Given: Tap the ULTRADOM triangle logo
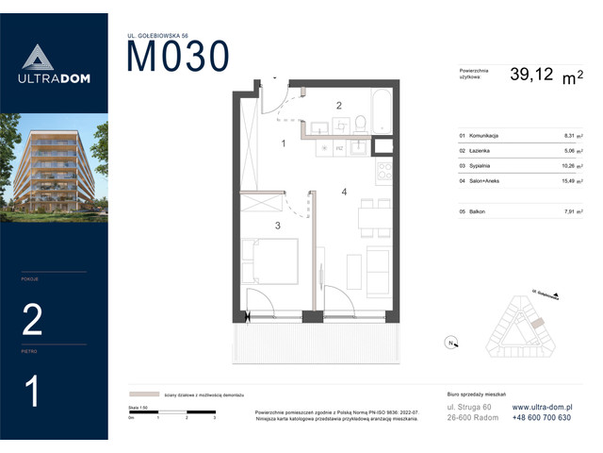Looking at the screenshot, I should click(54, 59).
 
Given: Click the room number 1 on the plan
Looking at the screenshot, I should click(283, 143).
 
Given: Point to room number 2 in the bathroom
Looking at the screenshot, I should click(339, 106).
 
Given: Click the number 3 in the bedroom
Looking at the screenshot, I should click(277, 226).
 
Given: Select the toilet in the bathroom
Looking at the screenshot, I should click(360, 123).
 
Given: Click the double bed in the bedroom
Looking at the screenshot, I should click(270, 262).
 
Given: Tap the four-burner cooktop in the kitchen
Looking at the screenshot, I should click(383, 173).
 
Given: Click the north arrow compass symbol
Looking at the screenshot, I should click(451, 342).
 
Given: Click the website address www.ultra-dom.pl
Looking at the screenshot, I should click(542, 407).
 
